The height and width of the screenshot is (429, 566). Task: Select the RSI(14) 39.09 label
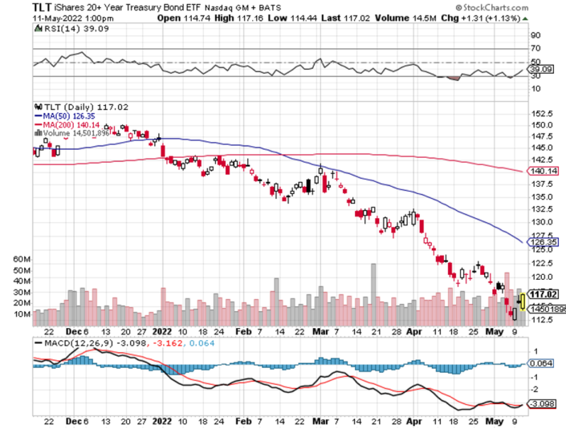[66, 26]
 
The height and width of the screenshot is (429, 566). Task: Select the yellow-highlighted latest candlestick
[523, 302]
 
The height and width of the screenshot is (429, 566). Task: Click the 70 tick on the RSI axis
[534, 48]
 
